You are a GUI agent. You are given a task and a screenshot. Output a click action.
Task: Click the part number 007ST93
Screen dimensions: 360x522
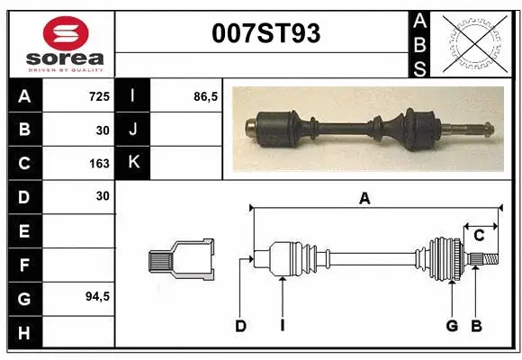265,34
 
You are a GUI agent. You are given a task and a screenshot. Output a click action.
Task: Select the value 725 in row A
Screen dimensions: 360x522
99,96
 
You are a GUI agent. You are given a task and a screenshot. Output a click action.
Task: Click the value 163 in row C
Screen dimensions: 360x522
99,164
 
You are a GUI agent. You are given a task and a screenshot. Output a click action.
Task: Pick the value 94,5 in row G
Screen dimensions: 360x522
96,296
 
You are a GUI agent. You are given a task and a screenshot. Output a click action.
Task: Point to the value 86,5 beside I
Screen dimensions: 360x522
206,96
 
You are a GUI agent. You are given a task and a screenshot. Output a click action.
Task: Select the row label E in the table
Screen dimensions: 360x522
24,231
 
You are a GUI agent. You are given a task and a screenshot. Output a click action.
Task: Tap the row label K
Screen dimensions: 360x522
134,164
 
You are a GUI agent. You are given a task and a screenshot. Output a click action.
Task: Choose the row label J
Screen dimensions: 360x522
134,130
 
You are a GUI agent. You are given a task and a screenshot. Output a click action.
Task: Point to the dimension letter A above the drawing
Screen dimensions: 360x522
364,199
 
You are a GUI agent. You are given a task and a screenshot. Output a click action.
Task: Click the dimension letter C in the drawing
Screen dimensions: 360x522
479,236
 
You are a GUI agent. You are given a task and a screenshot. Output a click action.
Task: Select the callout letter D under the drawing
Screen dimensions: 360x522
240,326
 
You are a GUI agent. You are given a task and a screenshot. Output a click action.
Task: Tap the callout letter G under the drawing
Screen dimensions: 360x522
452,326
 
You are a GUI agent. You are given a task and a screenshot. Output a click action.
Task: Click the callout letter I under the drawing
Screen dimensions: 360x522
282,326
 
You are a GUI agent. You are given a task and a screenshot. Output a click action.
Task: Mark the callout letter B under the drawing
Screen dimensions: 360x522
477,326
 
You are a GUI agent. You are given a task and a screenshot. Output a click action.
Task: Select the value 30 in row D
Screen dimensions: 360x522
102,195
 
